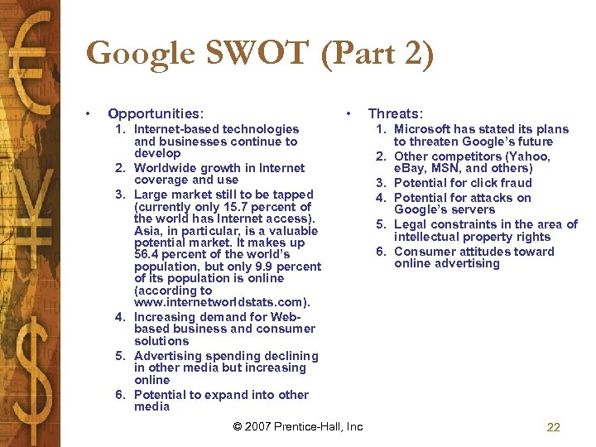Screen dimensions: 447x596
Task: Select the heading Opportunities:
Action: click(156, 113)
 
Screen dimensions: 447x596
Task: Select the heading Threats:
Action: click(395, 113)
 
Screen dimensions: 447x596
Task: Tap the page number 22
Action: click(554, 427)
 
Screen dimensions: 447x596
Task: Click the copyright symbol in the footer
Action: click(238, 427)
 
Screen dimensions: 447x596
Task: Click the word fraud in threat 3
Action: click(515, 183)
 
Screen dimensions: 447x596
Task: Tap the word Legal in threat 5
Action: click(411, 224)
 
